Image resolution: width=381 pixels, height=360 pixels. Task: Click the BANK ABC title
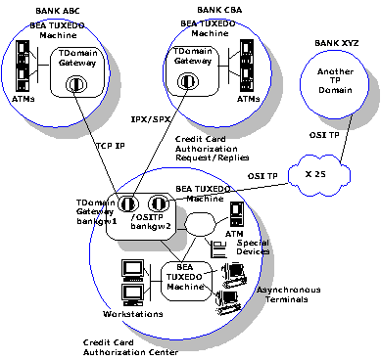(x=57, y=11)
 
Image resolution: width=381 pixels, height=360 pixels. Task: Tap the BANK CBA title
(x=219, y=10)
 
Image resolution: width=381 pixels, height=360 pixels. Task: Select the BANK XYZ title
(x=336, y=43)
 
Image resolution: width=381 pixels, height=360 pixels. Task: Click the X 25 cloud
(x=319, y=175)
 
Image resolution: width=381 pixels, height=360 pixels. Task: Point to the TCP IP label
(x=110, y=146)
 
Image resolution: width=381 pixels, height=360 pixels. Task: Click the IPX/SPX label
(x=151, y=119)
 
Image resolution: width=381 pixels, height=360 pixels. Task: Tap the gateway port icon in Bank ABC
(x=76, y=84)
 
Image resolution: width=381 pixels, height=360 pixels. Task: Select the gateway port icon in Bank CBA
(x=187, y=81)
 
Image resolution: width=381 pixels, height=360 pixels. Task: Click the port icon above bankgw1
(x=127, y=204)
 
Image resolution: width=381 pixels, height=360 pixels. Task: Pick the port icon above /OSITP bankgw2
(x=159, y=203)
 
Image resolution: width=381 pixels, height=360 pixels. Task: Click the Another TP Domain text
(x=335, y=81)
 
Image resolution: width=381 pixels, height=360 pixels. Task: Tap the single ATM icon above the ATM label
(x=237, y=214)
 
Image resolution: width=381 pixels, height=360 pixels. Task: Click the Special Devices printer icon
(x=218, y=248)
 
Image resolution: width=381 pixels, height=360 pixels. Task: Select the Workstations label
(x=133, y=314)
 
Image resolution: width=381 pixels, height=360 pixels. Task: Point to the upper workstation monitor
(x=132, y=270)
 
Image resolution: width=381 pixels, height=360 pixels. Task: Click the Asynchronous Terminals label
(x=288, y=294)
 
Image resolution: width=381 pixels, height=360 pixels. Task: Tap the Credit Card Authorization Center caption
(x=130, y=347)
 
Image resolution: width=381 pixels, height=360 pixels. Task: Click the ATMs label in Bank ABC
(x=23, y=99)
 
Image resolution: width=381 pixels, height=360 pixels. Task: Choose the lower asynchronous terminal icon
(x=227, y=302)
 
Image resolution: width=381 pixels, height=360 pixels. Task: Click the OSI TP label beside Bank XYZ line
(x=324, y=135)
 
